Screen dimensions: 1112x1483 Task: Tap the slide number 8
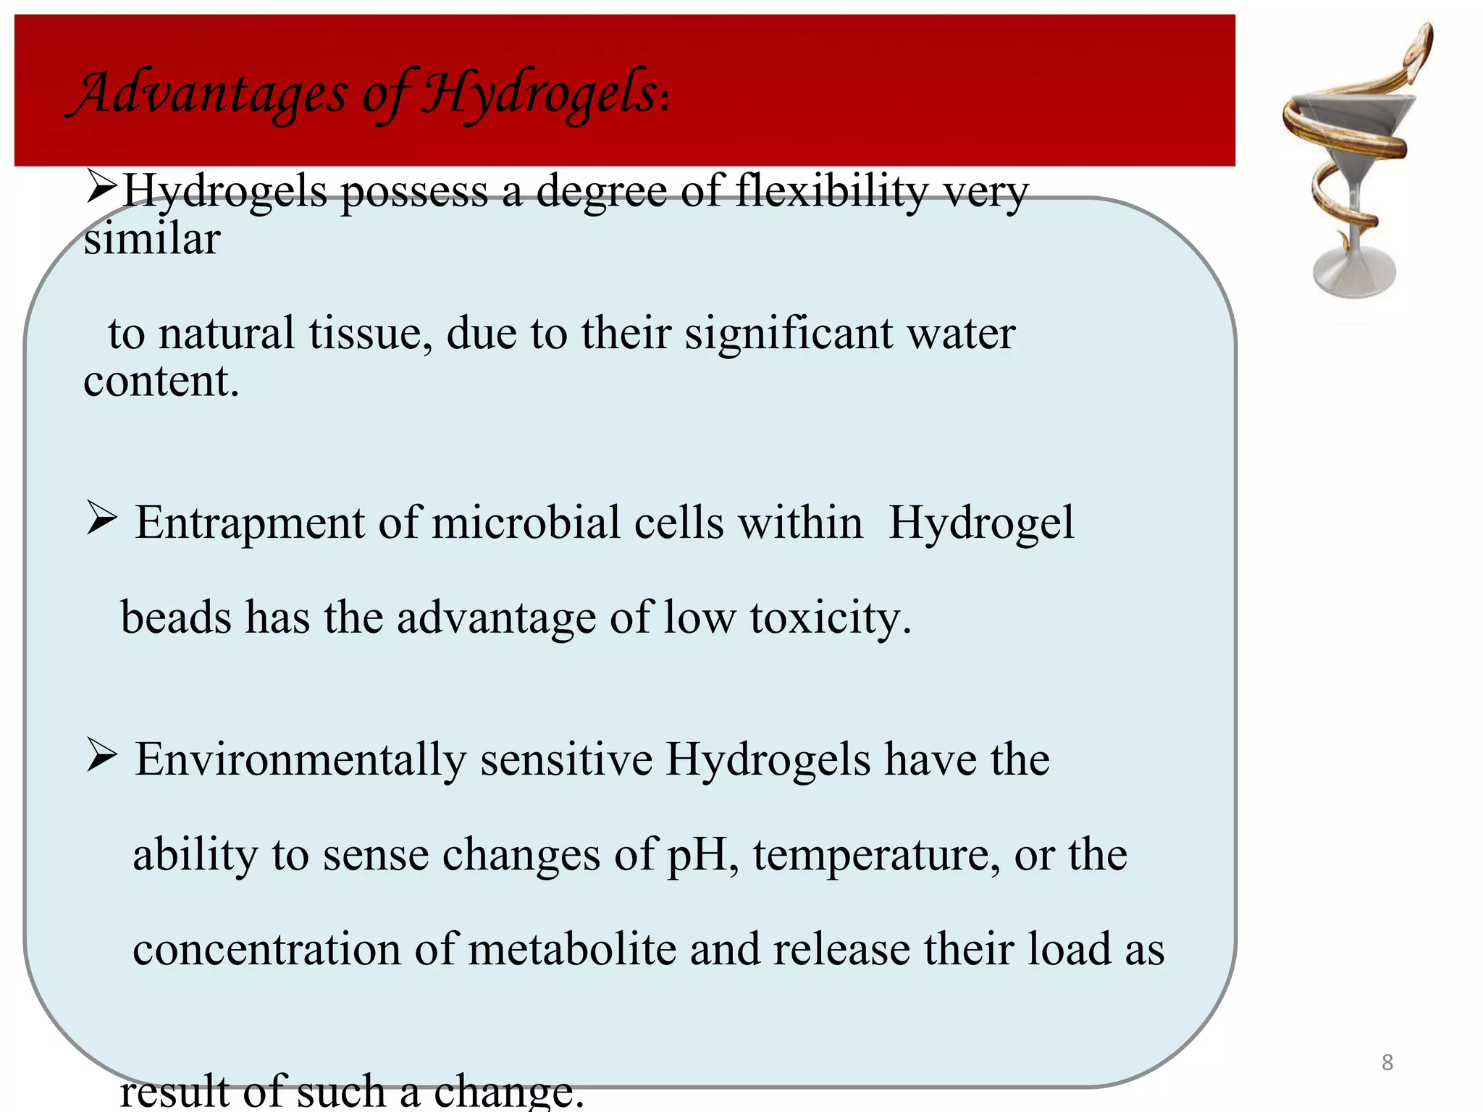pos(1387,1062)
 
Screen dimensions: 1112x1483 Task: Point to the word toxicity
pos(830,619)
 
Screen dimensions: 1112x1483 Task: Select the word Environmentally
pos(301,760)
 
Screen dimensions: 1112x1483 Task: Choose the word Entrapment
pos(250,523)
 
